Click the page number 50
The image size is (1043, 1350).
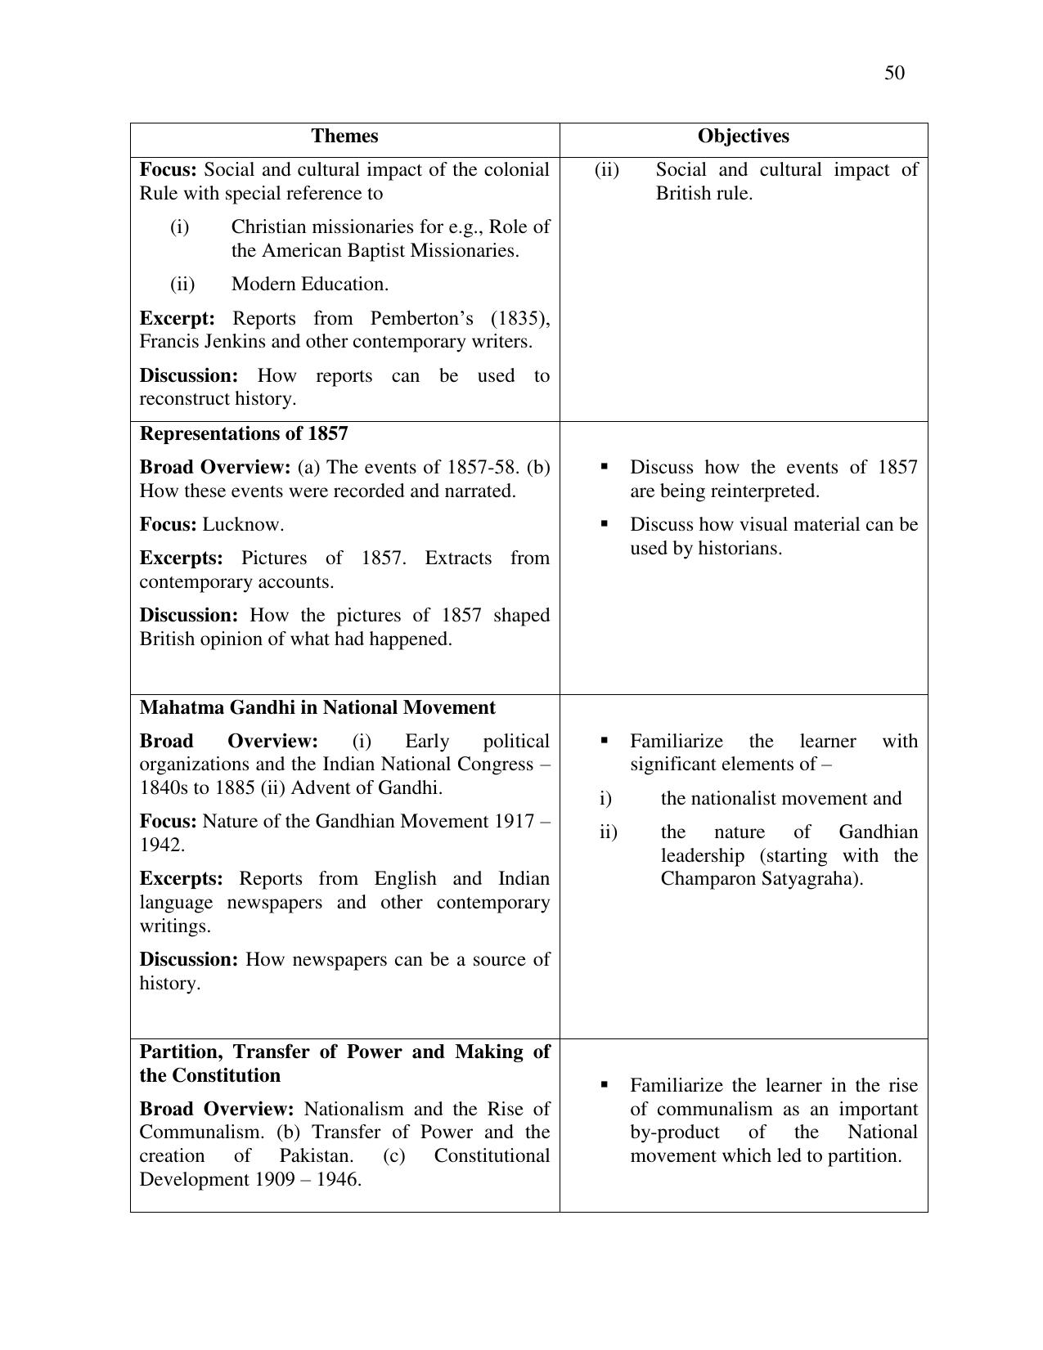coord(894,74)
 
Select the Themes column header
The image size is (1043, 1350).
coord(344,137)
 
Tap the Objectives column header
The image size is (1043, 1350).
coord(743,137)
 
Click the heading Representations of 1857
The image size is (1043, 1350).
coord(244,433)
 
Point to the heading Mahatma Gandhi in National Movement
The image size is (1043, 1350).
coord(317,707)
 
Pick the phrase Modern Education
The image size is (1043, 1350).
coord(309,285)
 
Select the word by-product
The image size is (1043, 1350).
coord(675,1132)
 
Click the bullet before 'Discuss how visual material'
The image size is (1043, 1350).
coord(605,523)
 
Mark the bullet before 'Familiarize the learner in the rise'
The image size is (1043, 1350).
coord(605,1085)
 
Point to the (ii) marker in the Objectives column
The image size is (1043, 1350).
coord(607,170)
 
